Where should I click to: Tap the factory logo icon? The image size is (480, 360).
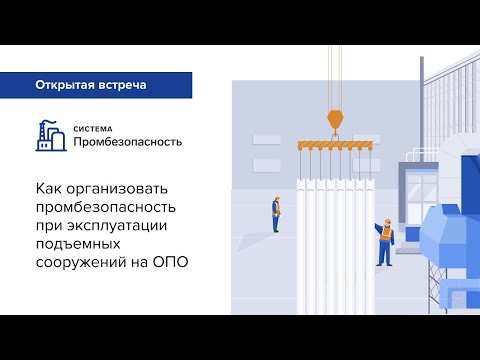point(49,136)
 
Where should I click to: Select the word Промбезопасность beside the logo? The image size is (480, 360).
point(126,142)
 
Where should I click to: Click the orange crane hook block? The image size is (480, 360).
point(335,119)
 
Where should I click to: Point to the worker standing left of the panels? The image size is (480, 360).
point(276,212)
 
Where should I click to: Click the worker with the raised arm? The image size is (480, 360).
point(384,243)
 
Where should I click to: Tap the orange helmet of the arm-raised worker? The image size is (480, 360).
point(383,222)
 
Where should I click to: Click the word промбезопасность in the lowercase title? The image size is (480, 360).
point(106,207)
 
